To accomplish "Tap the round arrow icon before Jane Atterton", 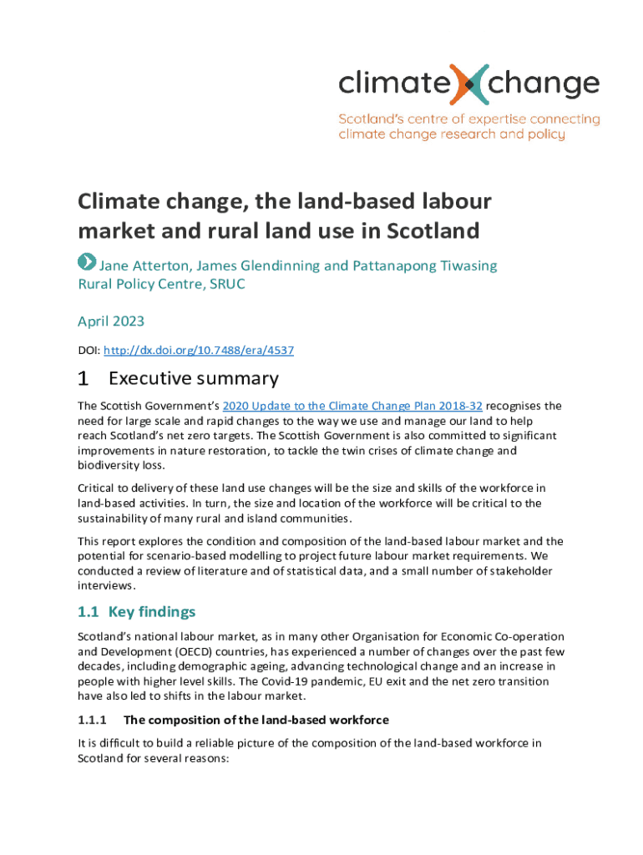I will [87, 262].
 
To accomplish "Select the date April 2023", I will [111, 321].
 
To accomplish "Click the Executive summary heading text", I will [193, 378].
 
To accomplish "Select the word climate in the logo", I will [385, 84].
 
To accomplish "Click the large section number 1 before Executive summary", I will [83, 378].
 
